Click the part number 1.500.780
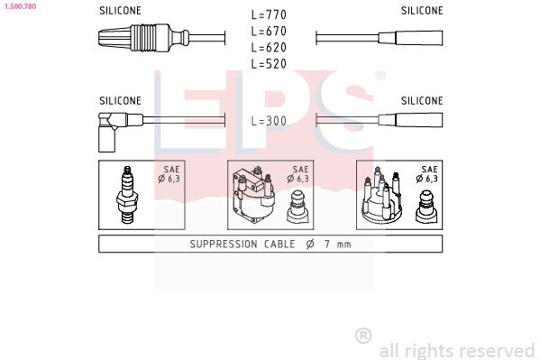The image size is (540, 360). [x=21, y=6]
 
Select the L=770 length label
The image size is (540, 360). [x=269, y=14]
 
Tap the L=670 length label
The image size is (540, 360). [x=269, y=32]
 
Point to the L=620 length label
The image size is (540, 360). [x=269, y=48]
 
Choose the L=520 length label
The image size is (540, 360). [x=269, y=64]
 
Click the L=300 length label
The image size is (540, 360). [x=269, y=121]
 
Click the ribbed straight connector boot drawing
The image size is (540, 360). [x=143, y=38]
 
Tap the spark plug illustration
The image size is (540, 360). [x=127, y=195]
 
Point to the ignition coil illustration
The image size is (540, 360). [x=253, y=196]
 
